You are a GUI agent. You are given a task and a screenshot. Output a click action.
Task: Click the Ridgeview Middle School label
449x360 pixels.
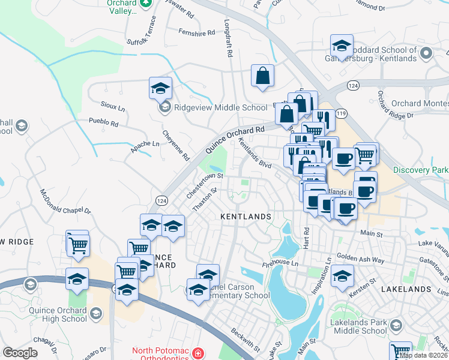point(220,108)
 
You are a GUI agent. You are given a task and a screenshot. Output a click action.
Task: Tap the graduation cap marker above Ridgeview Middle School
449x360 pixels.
point(160,88)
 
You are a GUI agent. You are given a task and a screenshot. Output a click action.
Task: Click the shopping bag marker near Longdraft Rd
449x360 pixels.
point(262,76)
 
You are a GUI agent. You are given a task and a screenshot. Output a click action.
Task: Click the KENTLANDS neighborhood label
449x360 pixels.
point(246,216)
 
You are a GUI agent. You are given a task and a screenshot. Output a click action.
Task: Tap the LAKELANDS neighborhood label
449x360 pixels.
point(406,289)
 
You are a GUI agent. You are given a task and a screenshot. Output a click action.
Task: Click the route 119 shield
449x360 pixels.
point(342,113)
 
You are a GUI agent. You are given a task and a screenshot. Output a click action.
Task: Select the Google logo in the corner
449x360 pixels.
point(20,353)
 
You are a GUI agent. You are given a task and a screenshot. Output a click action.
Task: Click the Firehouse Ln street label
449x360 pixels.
point(280,263)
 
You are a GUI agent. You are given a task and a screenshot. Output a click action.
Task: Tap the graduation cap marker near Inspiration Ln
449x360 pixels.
point(342,276)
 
